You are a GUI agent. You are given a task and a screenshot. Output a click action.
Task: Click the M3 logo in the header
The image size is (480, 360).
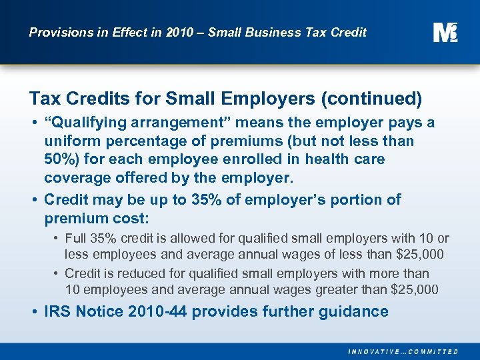(445, 31)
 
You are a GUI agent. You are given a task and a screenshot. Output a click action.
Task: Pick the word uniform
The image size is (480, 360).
(69, 141)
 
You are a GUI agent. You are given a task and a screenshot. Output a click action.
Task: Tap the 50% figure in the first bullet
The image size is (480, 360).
(61, 160)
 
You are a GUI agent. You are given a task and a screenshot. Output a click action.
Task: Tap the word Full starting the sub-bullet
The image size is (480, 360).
(76, 238)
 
